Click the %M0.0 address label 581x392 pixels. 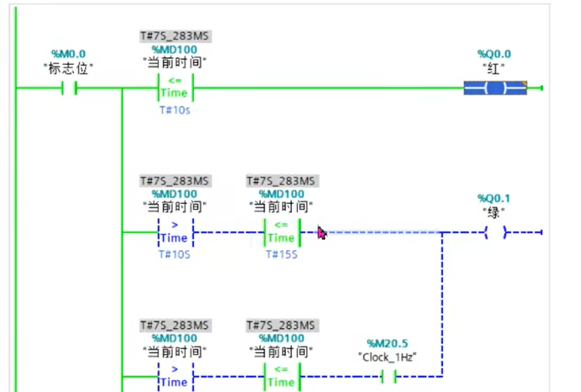point(68,54)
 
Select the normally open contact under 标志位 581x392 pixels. point(68,88)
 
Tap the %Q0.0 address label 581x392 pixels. point(495,54)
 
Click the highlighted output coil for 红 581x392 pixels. point(495,88)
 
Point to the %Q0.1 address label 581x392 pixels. point(495,198)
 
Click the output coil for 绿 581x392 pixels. point(495,233)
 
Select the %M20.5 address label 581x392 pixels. point(388,344)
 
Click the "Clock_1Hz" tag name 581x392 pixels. point(388,357)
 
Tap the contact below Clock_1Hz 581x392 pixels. point(388,377)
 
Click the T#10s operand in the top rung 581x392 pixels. point(174,111)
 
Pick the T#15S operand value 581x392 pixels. point(281,255)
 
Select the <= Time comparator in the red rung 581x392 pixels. point(174,88)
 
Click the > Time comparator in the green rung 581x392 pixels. point(174,232)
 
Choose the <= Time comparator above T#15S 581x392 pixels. point(281,232)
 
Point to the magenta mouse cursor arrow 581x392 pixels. point(322,233)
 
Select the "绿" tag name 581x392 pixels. point(495,212)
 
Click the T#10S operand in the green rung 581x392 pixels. point(174,255)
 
